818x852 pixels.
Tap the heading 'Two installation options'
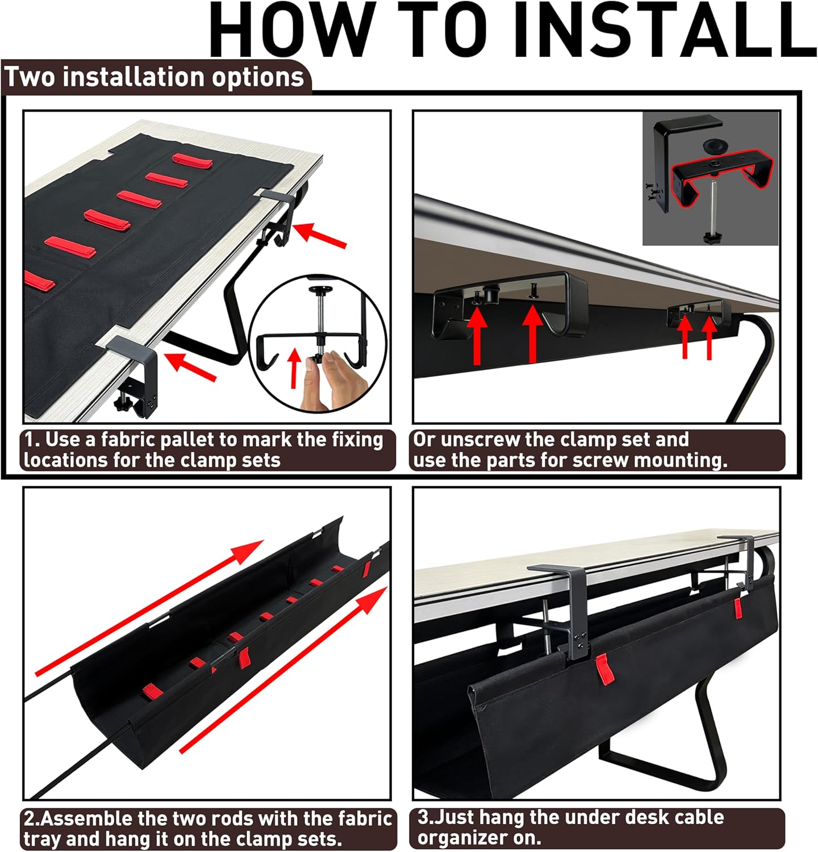tap(155, 77)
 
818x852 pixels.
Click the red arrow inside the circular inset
tap(294, 368)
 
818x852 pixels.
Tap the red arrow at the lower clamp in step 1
tap(191, 367)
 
